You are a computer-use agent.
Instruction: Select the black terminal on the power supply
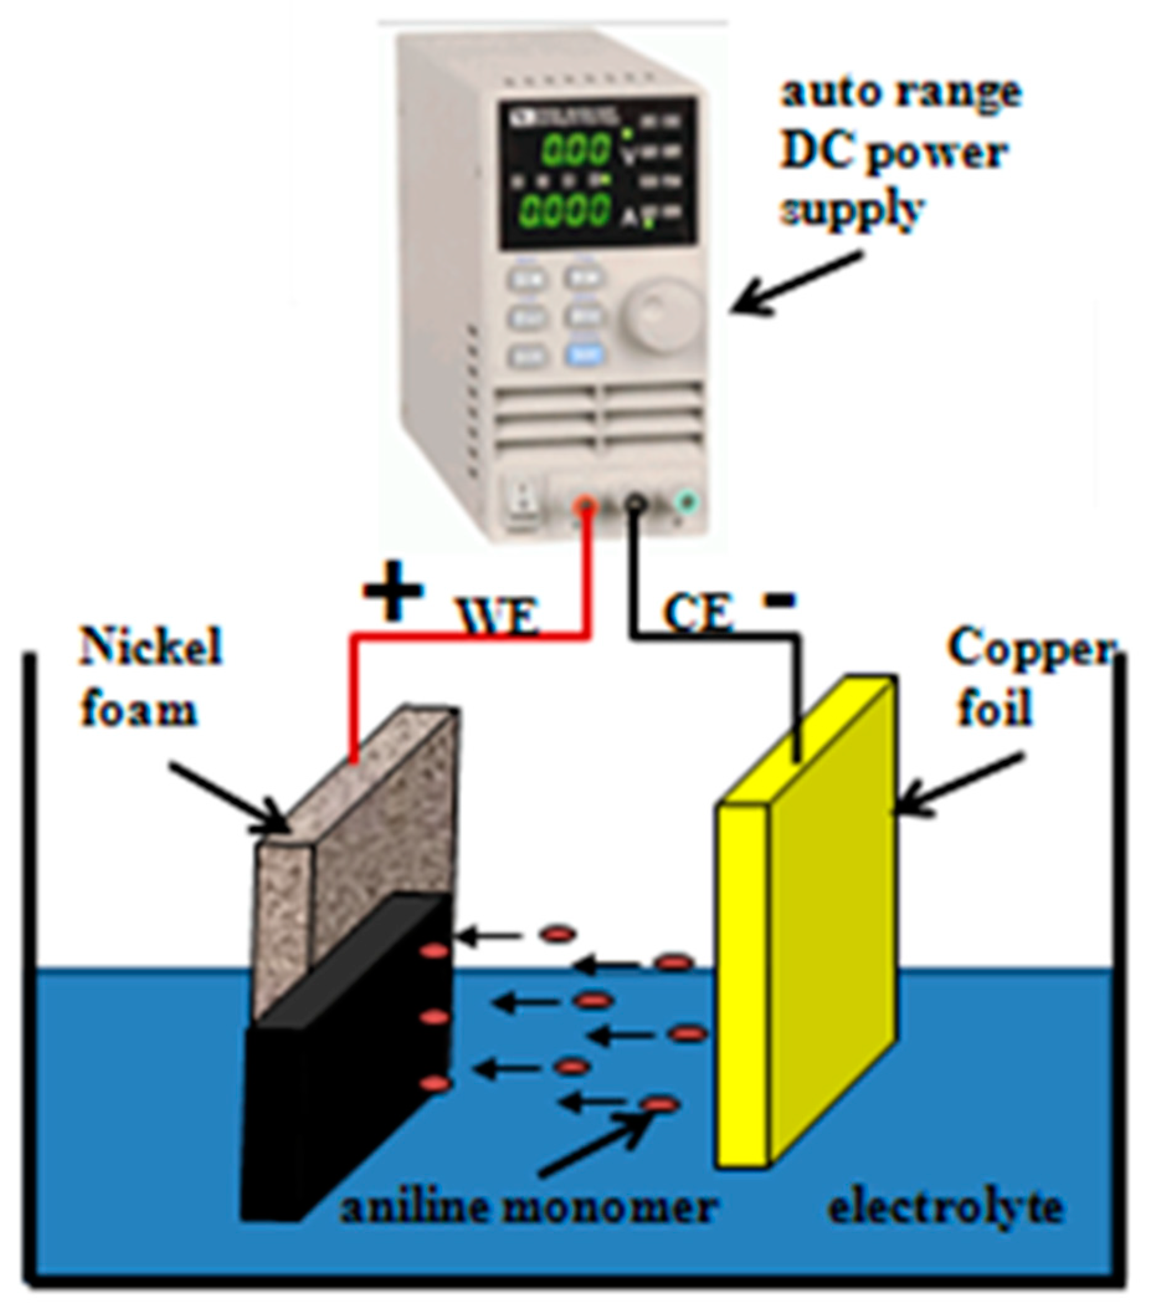[x=635, y=504]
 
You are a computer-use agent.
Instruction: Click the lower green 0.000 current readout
[x=565, y=209]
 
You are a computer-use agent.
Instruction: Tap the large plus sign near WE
[x=392, y=591]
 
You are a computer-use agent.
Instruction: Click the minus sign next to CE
[x=779, y=600]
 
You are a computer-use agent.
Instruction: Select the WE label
[x=497, y=617]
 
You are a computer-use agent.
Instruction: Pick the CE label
[x=697, y=613]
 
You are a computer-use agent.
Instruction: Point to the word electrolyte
[x=946, y=1209]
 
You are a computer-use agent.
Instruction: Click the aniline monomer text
[x=527, y=1209]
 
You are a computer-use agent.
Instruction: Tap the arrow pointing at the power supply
[x=795, y=282]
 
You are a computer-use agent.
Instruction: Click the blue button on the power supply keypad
[x=583, y=355]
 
